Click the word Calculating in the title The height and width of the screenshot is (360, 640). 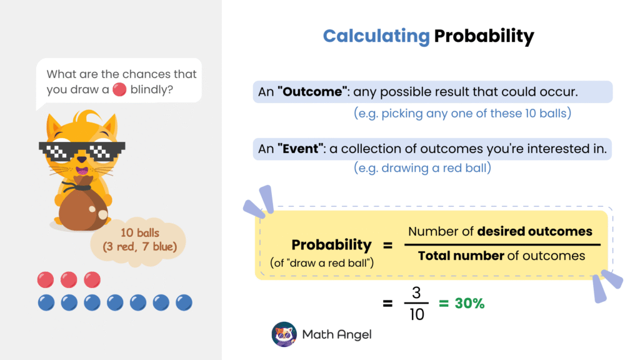pyautogui.click(x=376, y=36)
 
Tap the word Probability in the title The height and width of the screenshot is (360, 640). pyautogui.click(x=484, y=36)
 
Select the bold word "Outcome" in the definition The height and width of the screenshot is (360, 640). pyautogui.click(x=315, y=92)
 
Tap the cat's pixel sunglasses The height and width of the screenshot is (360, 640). pyautogui.click(x=82, y=149)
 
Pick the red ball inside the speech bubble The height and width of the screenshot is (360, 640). pyautogui.click(x=120, y=89)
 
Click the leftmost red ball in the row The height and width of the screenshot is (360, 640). pyautogui.click(x=45, y=279)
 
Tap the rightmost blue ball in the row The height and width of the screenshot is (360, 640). pyautogui.click(x=184, y=303)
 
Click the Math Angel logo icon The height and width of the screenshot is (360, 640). pyautogui.click(x=284, y=334)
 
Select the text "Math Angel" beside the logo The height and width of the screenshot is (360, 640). pyautogui.click(x=337, y=334)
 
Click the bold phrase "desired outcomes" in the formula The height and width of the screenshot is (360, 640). pyautogui.click(x=534, y=231)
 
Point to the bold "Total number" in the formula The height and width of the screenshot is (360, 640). pyautogui.click(x=461, y=255)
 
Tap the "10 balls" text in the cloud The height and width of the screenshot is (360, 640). pyautogui.click(x=140, y=232)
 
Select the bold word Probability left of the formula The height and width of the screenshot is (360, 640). pyautogui.click(x=331, y=244)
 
